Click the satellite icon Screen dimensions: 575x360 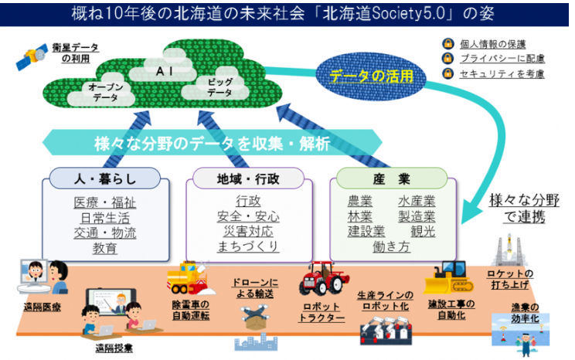(x=32, y=56)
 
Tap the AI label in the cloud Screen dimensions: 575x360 (x=164, y=71)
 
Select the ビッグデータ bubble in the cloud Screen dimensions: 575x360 (x=219, y=87)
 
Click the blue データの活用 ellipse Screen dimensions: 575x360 (x=371, y=76)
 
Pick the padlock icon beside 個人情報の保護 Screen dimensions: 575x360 (x=447, y=44)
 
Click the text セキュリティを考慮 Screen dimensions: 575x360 (x=502, y=74)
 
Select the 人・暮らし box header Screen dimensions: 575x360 (x=105, y=178)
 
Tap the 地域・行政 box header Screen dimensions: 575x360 (x=248, y=178)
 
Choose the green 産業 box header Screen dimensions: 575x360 (x=392, y=178)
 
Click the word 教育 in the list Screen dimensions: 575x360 (x=105, y=248)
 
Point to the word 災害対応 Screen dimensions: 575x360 (x=248, y=231)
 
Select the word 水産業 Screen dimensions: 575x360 (x=417, y=201)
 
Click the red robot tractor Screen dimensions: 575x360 (x=322, y=279)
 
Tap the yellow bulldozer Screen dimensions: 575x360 (x=448, y=277)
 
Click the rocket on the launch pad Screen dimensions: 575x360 (x=509, y=250)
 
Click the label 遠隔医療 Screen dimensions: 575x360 (x=43, y=307)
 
